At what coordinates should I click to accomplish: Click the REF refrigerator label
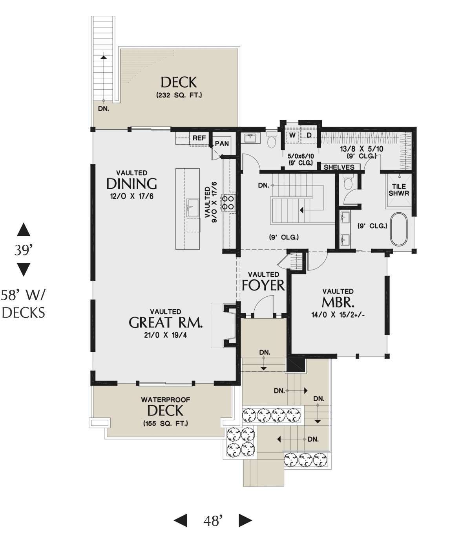(199, 138)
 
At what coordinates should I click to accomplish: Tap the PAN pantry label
(221, 144)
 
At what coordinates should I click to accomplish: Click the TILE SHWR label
(399, 190)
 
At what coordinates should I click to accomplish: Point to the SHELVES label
(339, 167)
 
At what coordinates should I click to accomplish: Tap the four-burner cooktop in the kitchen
(228, 202)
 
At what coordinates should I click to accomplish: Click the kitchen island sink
(193, 208)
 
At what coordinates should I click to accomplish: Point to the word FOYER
(263, 285)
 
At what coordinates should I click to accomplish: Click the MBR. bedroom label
(338, 302)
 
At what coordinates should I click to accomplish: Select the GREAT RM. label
(166, 323)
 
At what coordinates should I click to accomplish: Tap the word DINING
(131, 184)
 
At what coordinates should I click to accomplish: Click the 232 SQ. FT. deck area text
(179, 95)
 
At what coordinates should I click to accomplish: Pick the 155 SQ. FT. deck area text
(165, 423)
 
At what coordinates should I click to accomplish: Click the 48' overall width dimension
(213, 521)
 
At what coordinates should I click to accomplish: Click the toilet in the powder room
(272, 139)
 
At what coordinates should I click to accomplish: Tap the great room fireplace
(230, 325)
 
